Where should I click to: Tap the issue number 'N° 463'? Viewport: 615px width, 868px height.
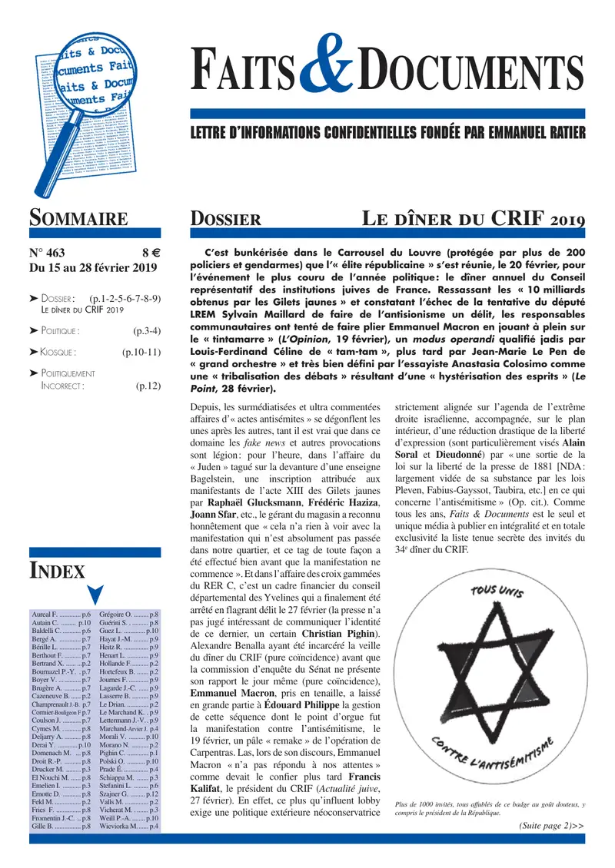[x=48, y=252]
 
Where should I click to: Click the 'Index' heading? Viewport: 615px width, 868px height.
[x=57, y=570]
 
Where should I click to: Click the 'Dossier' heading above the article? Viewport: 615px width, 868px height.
[x=224, y=220]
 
